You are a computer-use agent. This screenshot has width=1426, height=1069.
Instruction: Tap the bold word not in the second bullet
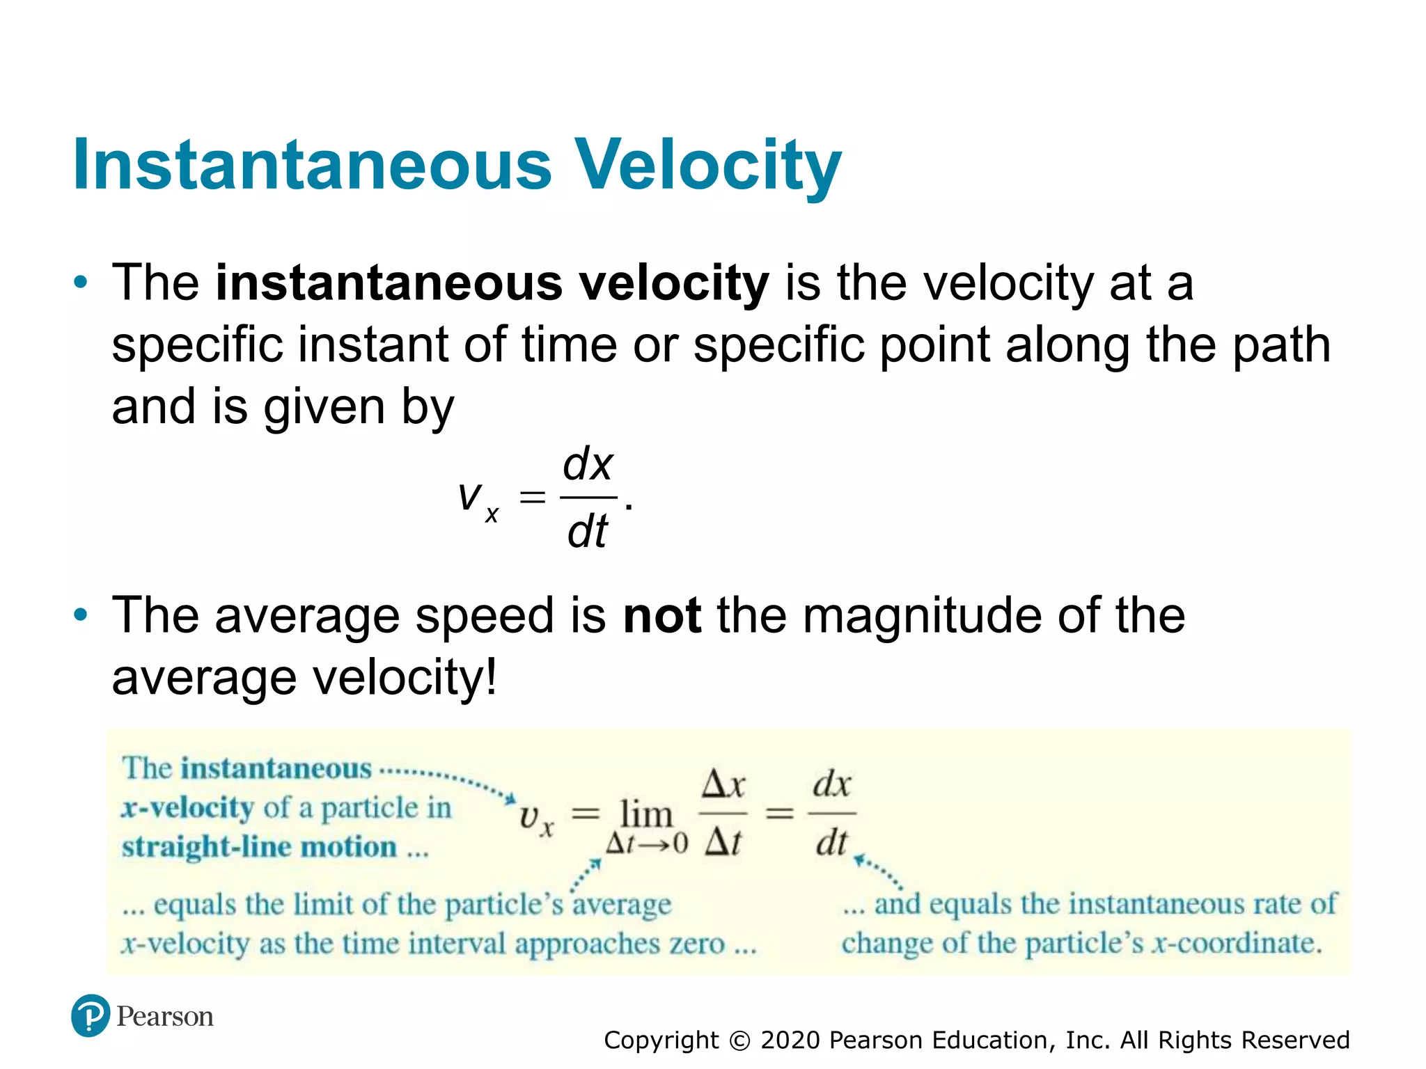pos(661,616)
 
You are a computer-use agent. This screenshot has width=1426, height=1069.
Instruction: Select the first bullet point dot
pos(81,283)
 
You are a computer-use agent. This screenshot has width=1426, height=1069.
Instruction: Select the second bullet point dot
pos(81,615)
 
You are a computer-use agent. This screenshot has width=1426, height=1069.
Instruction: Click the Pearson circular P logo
pos(91,1015)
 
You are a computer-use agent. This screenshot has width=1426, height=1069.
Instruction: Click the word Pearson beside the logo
pos(165,1017)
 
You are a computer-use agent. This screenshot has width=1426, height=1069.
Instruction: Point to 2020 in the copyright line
pos(790,1040)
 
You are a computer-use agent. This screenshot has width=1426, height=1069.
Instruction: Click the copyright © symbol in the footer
pos(739,1040)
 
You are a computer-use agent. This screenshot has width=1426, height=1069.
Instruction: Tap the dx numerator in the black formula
pos(588,465)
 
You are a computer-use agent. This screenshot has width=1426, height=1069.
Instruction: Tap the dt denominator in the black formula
pos(588,532)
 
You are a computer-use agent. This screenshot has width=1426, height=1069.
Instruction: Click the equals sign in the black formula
pos(532,497)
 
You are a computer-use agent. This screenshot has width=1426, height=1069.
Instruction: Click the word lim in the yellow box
pos(645,814)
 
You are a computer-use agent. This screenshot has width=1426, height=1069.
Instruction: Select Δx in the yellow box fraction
pos(723,784)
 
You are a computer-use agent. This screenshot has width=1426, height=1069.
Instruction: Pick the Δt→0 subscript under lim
pos(646,844)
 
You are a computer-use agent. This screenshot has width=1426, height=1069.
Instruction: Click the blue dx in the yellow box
pos(832,784)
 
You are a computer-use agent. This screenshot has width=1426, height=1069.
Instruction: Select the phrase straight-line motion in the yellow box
pos(259,847)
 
